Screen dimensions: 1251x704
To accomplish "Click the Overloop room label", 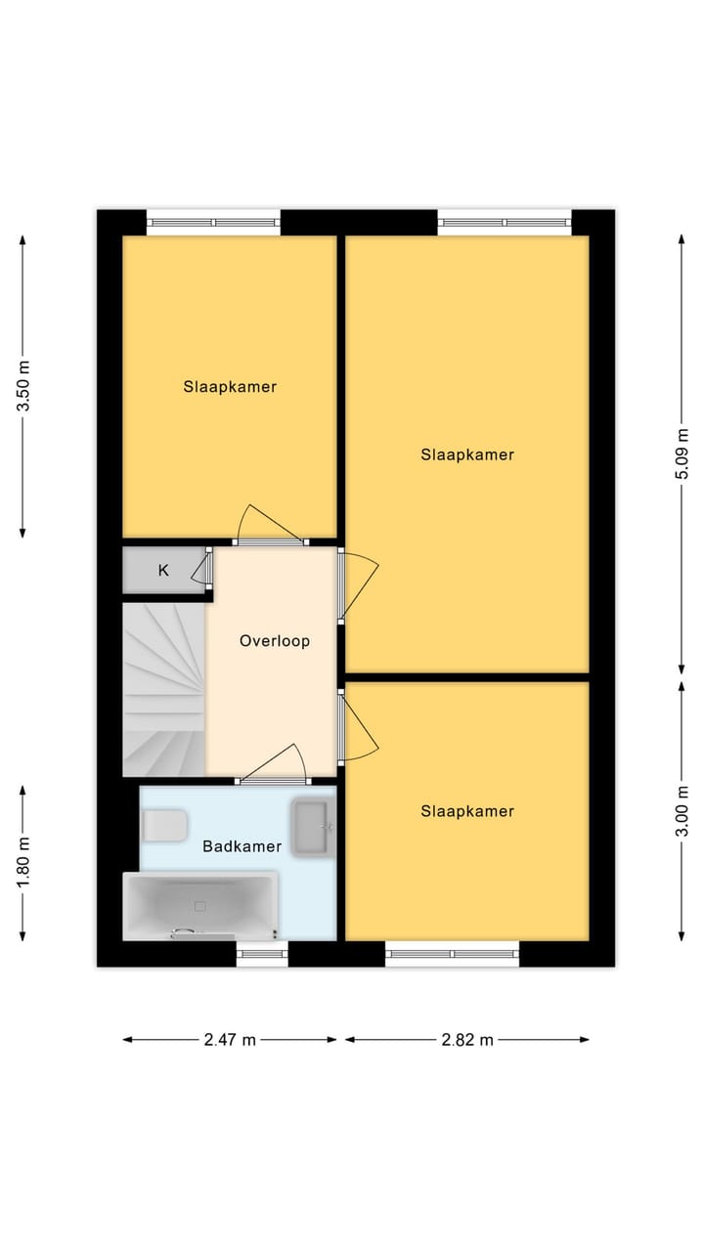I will point(275,641).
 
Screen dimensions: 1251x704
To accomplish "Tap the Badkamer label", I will point(242,846).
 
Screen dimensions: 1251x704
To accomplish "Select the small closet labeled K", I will point(163,571).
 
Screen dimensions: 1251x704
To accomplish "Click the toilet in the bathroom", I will point(163,826).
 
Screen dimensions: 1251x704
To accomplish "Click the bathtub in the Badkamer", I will point(200,906).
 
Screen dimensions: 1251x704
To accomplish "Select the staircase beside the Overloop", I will point(163,689).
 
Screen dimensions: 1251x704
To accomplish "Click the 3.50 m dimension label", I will point(24,386).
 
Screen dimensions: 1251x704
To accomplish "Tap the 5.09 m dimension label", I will point(683,454).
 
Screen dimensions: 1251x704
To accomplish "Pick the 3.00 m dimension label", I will point(683,811).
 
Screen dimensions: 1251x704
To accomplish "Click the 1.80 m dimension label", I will point(24,863).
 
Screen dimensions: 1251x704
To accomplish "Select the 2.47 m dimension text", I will point(230,1040).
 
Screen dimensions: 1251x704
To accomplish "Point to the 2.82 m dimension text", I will point(467,1040).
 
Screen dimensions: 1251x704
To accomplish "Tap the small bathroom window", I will point(262,954).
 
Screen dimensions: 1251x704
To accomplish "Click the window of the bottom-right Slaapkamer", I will point(452,954).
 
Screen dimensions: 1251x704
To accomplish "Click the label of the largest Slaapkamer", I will point(467,454).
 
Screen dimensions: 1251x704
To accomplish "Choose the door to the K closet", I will point(207,569).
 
